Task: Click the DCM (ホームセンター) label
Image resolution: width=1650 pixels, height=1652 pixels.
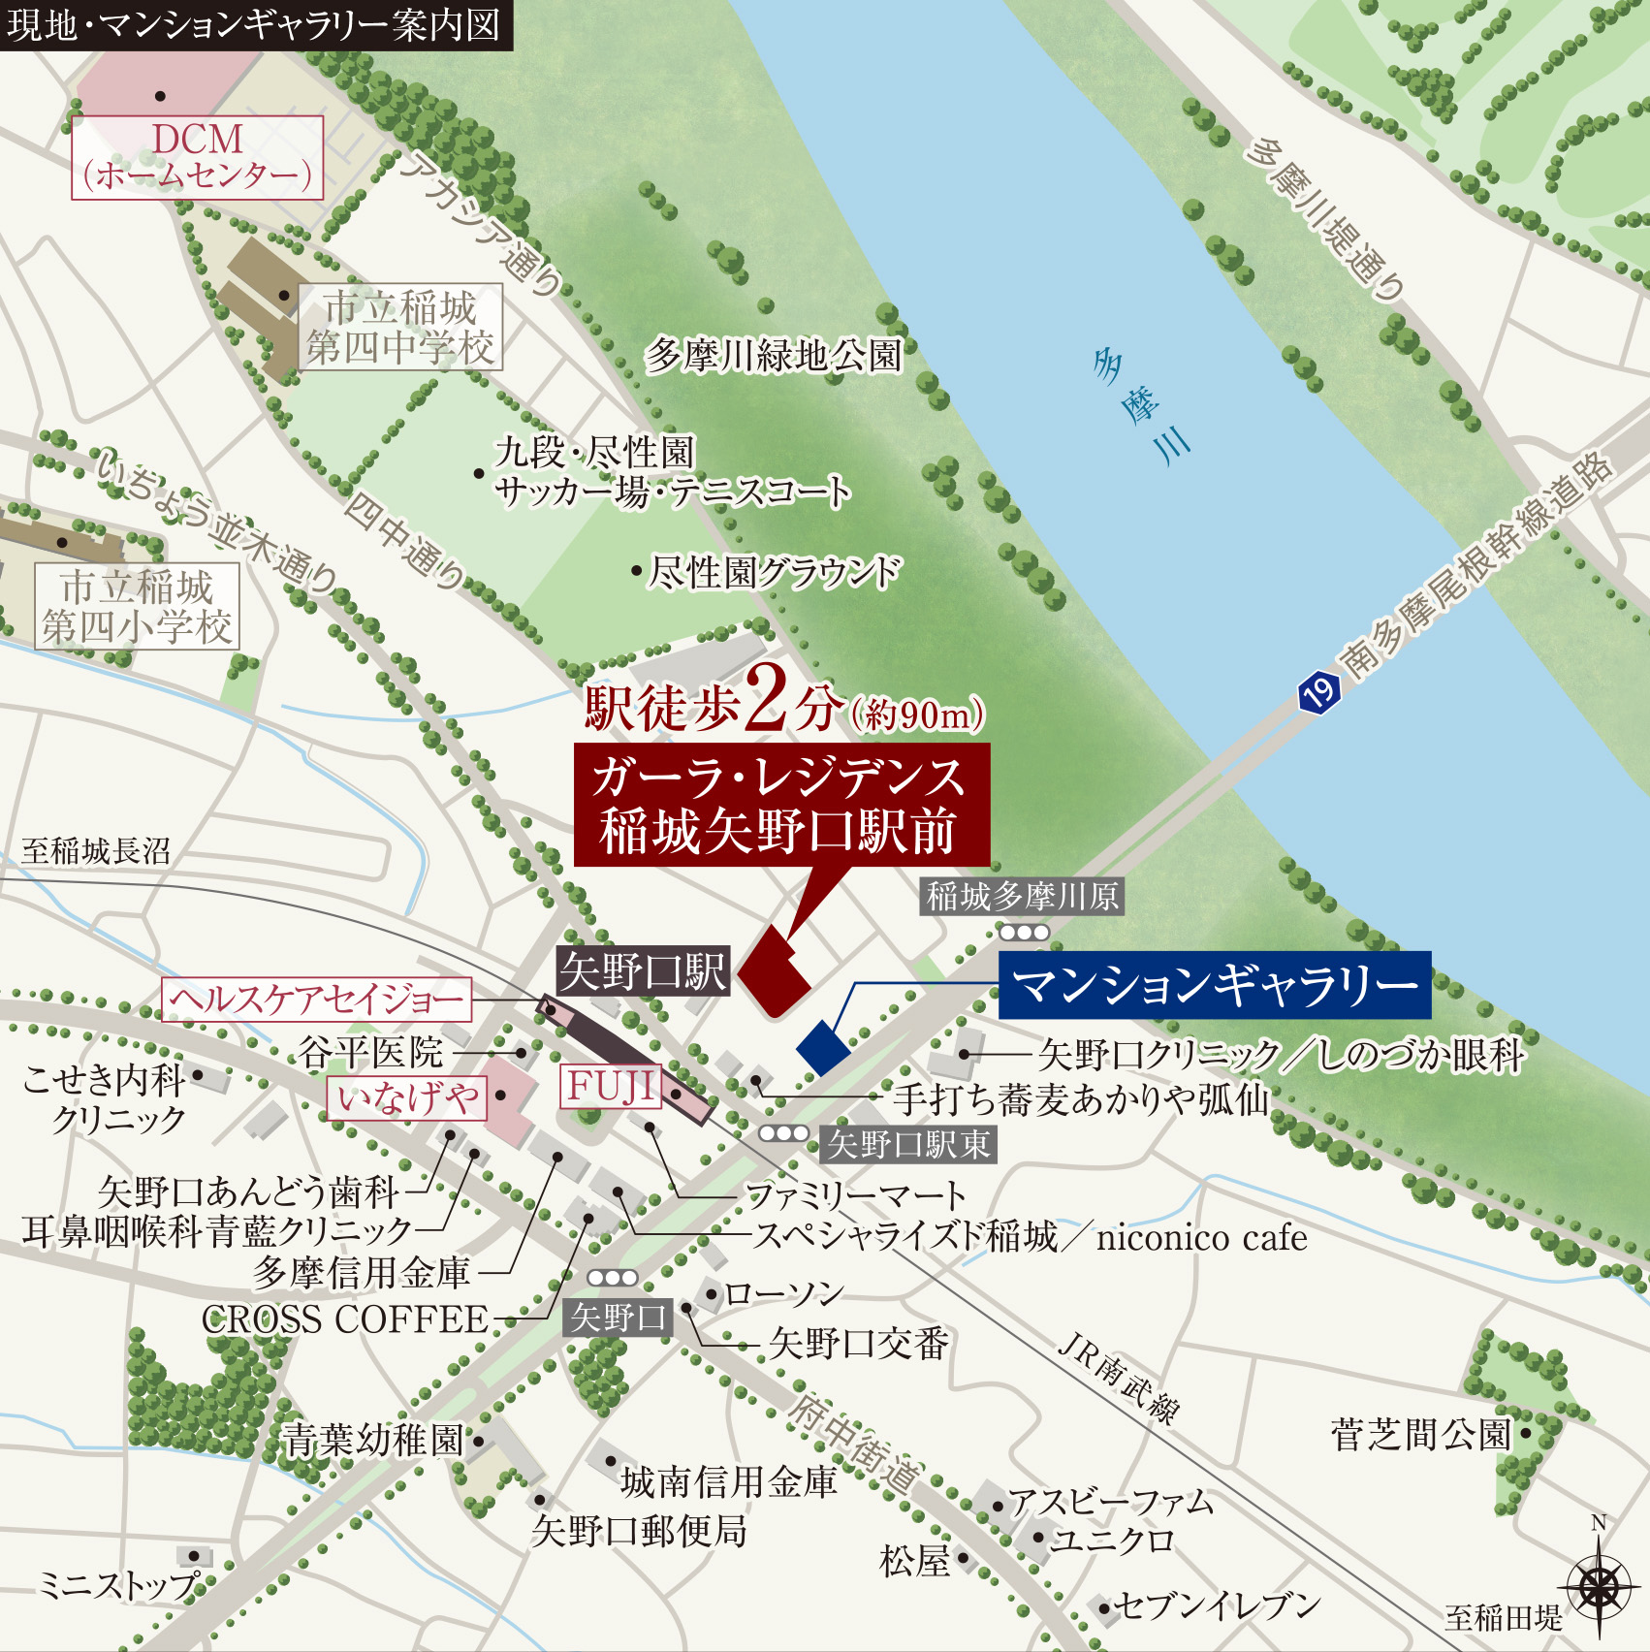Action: [197, 157]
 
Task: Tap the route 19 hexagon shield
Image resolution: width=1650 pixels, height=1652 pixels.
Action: [1317, 692]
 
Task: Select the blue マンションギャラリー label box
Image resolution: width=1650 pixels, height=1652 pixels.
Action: [1214, 985]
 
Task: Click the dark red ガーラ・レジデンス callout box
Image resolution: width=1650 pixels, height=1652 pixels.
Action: [781, 804]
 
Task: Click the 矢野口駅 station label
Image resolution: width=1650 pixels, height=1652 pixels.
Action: [643, 970]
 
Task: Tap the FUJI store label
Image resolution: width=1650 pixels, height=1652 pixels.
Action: [610, 1087]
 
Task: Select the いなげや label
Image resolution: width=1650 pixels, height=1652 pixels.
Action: [407, 1097]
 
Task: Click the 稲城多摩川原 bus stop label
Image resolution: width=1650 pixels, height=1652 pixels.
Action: [1023, 896]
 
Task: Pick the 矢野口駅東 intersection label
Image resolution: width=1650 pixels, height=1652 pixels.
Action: [908, 1144]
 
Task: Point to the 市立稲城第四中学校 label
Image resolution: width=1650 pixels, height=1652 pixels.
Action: [400, 328]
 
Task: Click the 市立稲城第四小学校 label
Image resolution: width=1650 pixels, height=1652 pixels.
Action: [137, 607]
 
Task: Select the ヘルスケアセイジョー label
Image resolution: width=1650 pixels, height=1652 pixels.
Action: [316, 1000]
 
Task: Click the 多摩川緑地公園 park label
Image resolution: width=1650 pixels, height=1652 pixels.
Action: [773, 356]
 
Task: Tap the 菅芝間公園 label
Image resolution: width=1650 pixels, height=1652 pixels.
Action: [1421, 1434]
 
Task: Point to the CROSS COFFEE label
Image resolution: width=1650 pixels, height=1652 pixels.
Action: [345, 1318]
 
